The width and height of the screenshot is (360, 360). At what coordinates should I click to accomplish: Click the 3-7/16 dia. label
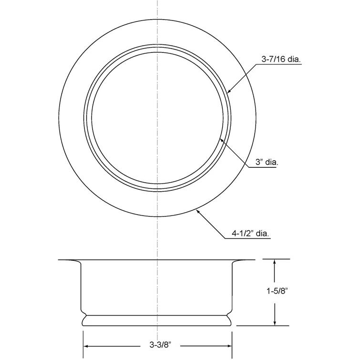[x=282, y=60]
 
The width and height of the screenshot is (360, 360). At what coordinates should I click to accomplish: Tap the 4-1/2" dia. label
[x=251, y=234]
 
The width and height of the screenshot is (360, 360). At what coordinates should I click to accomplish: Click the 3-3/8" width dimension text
[x=158, y=343]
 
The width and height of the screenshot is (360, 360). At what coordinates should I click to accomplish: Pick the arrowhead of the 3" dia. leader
[x=220, y=139]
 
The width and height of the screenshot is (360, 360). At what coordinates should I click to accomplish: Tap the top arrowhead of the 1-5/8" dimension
[x=275, y=262]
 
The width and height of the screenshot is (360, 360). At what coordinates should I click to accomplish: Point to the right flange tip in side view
[x=254, y=260]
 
